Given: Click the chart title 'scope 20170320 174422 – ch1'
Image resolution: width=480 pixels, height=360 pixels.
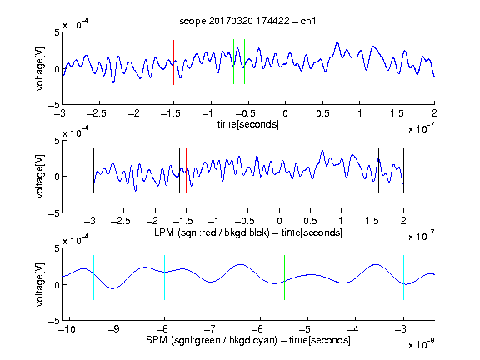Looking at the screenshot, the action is (x=247, y=21).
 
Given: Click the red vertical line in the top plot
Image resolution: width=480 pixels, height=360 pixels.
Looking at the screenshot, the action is (x=173, y=62).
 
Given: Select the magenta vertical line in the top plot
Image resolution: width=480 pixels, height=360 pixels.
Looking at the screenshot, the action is (x=397, y=62).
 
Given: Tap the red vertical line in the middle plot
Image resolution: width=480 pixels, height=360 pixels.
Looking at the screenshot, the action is (x=186, y=170).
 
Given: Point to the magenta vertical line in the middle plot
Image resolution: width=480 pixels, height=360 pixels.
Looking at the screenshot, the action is (x=372, y=170).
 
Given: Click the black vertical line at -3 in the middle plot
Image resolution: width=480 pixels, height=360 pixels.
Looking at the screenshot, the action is (x=93, y=170).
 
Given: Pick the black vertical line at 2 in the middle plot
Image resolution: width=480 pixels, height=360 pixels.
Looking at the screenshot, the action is (x=403, y=170).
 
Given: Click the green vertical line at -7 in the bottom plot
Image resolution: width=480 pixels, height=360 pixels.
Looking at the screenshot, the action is (x=212, y=277).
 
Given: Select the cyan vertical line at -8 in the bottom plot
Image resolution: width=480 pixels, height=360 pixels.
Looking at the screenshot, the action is (x=165, y=277).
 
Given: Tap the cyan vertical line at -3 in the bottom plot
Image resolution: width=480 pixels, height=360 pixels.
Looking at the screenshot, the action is (x=403, y=277).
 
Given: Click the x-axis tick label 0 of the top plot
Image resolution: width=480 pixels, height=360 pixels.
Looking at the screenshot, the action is (x=285, y=113).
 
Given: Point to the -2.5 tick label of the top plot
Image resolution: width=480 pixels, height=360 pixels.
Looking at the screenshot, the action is (x=96, y=113).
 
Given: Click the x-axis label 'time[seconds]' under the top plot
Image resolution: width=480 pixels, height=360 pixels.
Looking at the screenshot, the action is (x=248, y=124).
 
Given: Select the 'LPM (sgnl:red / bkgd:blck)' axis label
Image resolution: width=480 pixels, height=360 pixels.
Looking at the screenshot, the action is (x=212, y=232).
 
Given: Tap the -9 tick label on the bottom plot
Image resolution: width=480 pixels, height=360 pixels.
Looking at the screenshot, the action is (x=113, y=329).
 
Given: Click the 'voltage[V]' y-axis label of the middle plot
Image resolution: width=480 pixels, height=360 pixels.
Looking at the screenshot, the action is (x=40, y=177).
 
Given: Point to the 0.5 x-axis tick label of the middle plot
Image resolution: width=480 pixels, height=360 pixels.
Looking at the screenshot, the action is (x=310, y=221).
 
